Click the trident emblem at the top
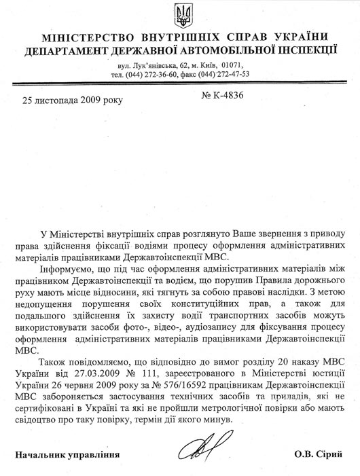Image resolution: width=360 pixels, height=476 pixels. point(180,13)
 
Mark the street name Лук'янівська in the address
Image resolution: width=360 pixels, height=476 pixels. point(155,64)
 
